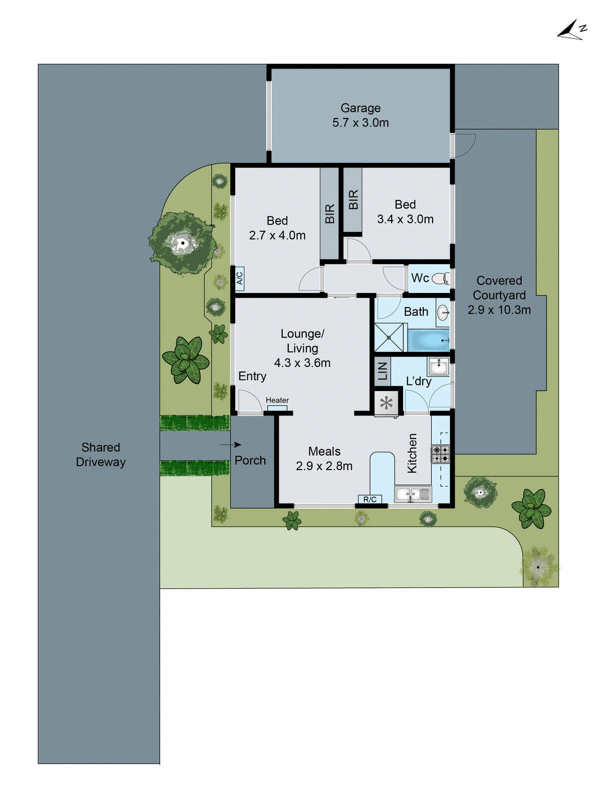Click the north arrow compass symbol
pos(572,30)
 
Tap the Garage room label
pos(360,108)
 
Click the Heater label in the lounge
pos(277,400)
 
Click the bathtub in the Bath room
pos(429,340)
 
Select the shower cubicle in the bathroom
pos(389,337)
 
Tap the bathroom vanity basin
pos(443,313)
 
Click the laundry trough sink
pos(439,366)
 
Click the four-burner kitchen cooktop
pos(441,454)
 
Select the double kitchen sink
pos(413,494)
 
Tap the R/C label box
pos(370,499)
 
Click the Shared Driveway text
pos(100,454)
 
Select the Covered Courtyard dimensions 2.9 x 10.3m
pos(499,310)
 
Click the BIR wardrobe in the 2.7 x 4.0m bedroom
pos(329,214)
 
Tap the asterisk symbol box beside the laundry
pos(387,403)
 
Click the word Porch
pos(250,460)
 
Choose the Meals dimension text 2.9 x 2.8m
pos(324,466)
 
